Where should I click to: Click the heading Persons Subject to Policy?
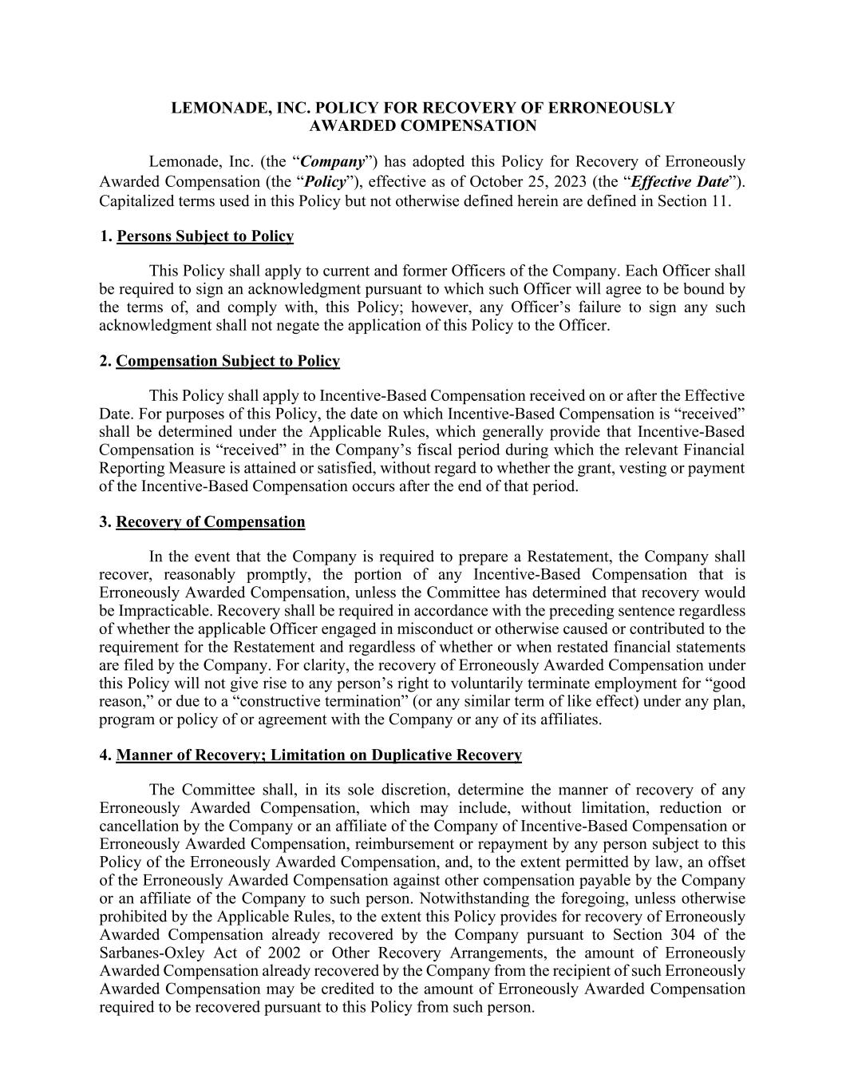coord(205,236)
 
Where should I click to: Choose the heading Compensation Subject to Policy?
coord(227,362)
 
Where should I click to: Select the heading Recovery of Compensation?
coord(211,522)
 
